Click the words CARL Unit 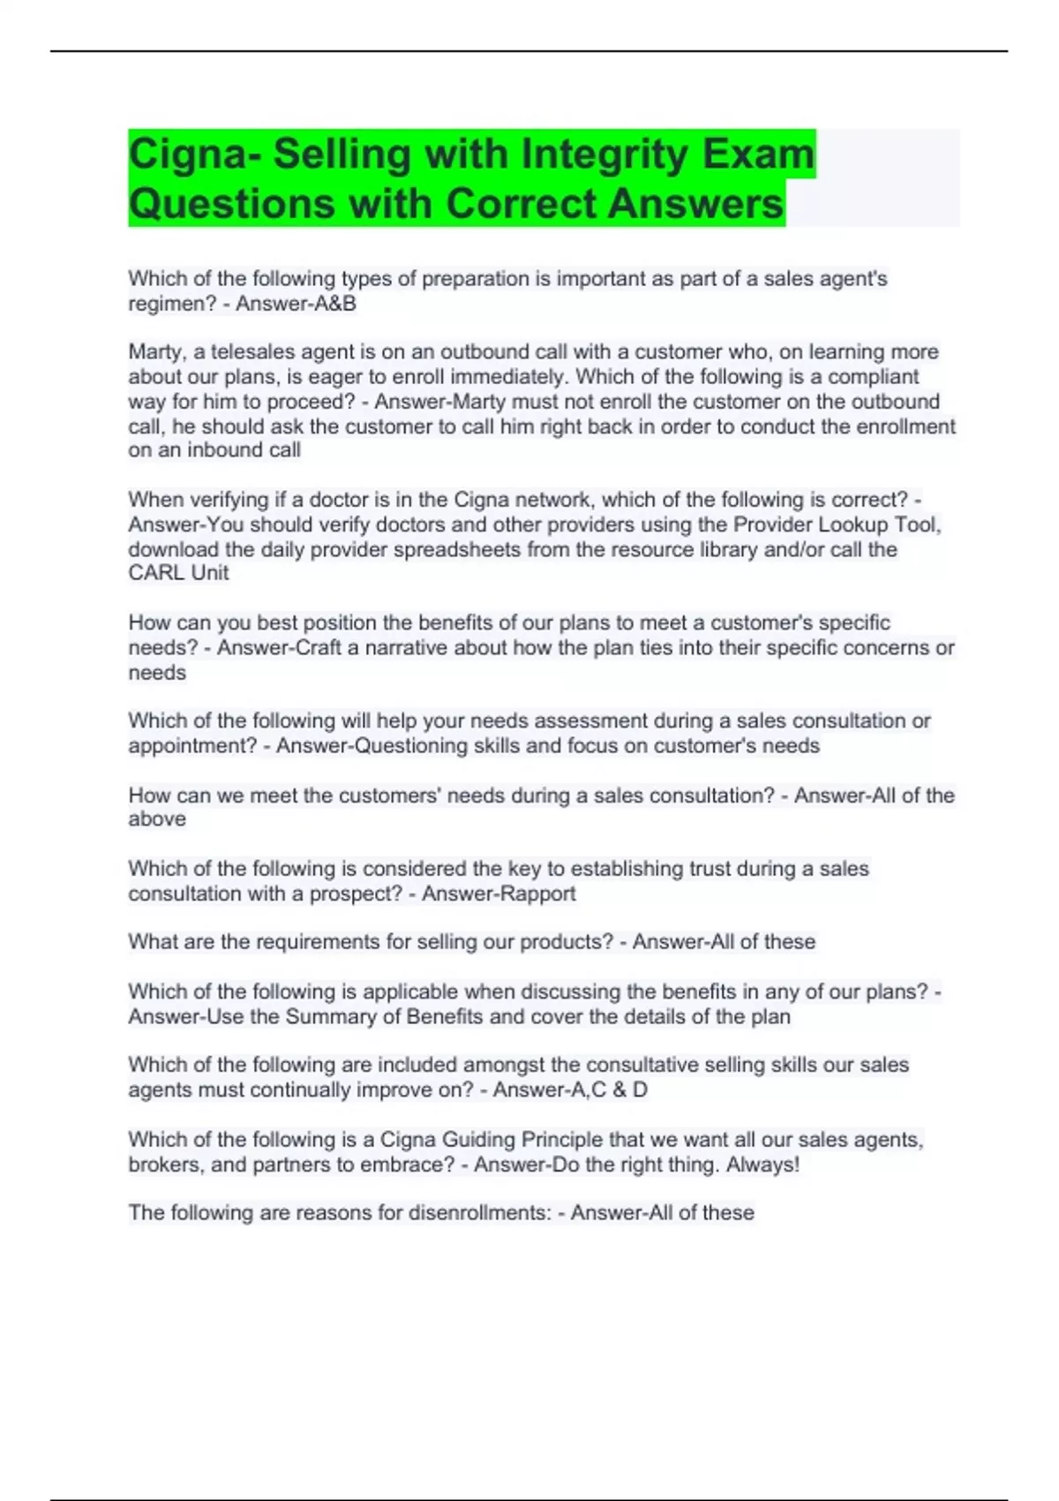point(178,573)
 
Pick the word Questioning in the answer point(410,746)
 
